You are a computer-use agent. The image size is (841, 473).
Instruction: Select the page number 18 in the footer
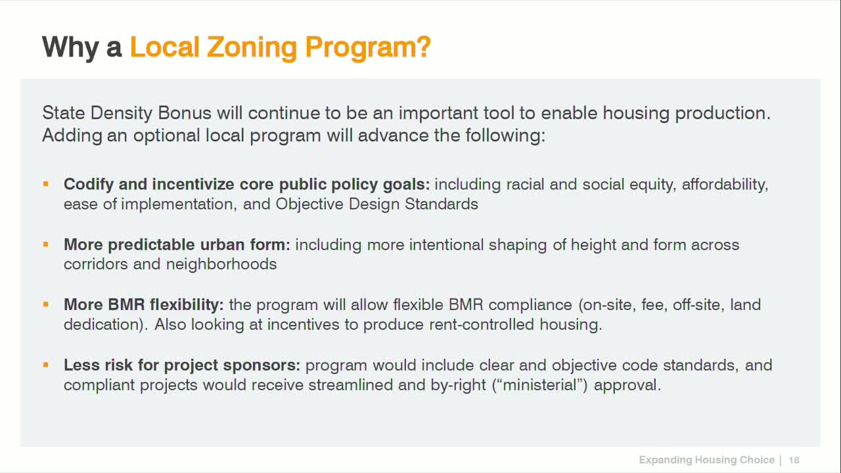tap(794, 460)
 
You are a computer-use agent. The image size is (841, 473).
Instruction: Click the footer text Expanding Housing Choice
tap(706, 460)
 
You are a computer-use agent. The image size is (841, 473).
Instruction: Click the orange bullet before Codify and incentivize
tap(46, 184)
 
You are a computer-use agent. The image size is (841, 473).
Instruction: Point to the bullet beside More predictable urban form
tap(46, 244)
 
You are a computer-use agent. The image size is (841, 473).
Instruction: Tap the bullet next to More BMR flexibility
tap(46, 304)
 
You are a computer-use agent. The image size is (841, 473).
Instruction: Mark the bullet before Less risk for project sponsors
tap(46, 365)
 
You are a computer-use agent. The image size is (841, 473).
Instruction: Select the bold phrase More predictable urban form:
tap(177, 245)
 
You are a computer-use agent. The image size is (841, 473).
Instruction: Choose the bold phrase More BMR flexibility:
tap(144, 305)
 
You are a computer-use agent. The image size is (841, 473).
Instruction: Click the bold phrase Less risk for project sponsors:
tap(182, 365)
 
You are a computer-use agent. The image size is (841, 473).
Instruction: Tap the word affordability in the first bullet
tap(725, 185)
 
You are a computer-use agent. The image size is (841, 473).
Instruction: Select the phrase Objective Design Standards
tap(376, 204)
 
